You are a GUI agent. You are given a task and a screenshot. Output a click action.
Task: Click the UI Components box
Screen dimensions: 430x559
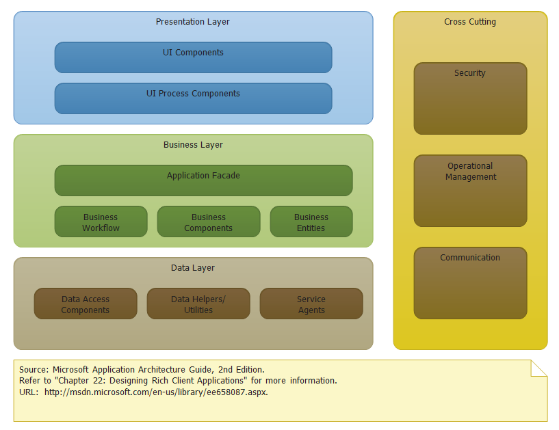tap(193, 57)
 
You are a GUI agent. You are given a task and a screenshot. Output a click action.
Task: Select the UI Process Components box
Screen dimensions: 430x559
tap(193, 98)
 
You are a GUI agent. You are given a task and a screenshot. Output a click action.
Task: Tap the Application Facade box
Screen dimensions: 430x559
tap(203, 180)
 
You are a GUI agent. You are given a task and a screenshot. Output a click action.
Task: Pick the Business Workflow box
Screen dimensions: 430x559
tap(101, 221)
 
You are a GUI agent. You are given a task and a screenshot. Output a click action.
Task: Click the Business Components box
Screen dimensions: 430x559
tap(208, 221)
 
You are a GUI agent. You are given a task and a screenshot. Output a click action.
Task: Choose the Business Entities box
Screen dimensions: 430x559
tap(311, 221)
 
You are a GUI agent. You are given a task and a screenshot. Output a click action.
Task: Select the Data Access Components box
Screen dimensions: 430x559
tap(85, 304)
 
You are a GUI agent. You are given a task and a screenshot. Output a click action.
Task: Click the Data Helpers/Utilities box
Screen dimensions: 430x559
tap(198, 304)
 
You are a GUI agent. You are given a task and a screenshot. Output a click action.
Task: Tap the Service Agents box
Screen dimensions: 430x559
tap(311, 304)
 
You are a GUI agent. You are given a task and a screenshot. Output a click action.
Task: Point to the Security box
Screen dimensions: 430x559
tap(470, 98)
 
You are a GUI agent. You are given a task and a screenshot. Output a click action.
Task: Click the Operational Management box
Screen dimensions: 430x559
tap(470, 191)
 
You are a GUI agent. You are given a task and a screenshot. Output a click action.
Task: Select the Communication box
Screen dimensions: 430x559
tap(470, 283)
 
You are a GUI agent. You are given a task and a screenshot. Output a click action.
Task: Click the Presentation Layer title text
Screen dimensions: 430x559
tap(193, 22)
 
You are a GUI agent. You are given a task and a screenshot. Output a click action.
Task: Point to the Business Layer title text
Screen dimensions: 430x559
tap(193, 145)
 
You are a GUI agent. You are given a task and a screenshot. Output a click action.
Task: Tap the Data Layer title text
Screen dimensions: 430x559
tap(193, 268)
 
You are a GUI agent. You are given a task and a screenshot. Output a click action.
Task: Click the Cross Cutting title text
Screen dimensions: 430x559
tap(470, 22)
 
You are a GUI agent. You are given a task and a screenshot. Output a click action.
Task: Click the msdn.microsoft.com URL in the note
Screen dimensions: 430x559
tap(156, 392)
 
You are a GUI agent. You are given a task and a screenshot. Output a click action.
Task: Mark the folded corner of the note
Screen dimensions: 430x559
tap(541, 367)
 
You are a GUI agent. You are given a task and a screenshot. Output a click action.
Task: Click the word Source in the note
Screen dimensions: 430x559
tap(33, 369)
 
